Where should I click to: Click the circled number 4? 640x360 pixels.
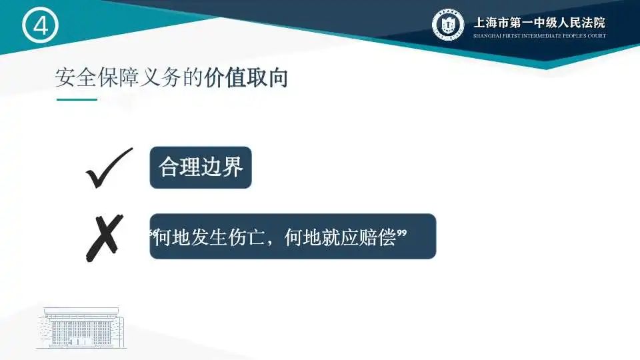40,25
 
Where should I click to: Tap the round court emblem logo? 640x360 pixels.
448,25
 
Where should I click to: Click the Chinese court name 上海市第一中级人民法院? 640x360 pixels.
539,23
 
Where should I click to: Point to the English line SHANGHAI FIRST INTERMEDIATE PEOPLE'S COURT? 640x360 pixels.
539,36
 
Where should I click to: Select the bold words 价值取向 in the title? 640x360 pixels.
246,77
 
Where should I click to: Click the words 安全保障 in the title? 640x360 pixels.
97,77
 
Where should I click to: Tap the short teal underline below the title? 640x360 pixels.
77,99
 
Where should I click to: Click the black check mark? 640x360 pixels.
109,168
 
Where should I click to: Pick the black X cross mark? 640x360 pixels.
105,238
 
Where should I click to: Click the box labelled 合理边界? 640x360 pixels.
201,167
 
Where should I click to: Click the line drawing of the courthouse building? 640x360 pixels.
81,328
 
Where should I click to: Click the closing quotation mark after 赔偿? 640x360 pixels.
401,233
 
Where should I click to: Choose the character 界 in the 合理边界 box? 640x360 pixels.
233,167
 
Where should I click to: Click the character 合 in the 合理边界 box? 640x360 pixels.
169,167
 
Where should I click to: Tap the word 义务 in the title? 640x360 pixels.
161,77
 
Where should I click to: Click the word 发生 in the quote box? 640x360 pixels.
209,237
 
